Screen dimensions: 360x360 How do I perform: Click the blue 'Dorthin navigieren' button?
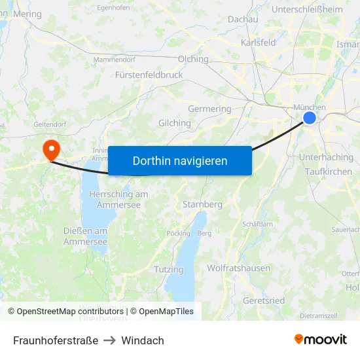[179, 160]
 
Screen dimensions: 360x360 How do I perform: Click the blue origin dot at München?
[310, 118]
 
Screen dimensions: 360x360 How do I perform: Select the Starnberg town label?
[202, 204]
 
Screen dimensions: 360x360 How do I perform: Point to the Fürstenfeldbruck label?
[149, 75]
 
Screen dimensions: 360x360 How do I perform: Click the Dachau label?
[243, 20]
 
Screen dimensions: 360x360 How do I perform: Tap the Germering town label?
[209, 109]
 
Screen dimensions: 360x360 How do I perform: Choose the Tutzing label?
[169, 269]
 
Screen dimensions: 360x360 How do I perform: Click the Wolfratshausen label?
[238, 268]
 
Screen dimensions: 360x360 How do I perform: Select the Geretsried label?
[264, 300]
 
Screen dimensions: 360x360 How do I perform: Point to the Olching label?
[193, 59]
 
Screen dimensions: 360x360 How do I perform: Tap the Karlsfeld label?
[258, 43]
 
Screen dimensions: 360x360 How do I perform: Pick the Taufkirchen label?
[329, 171]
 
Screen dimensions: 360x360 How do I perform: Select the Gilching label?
[175, 123]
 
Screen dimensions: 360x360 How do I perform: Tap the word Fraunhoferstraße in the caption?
[56, 340]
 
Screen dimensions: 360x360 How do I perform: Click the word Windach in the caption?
[143, 340]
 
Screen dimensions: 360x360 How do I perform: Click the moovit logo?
[321, 339]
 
